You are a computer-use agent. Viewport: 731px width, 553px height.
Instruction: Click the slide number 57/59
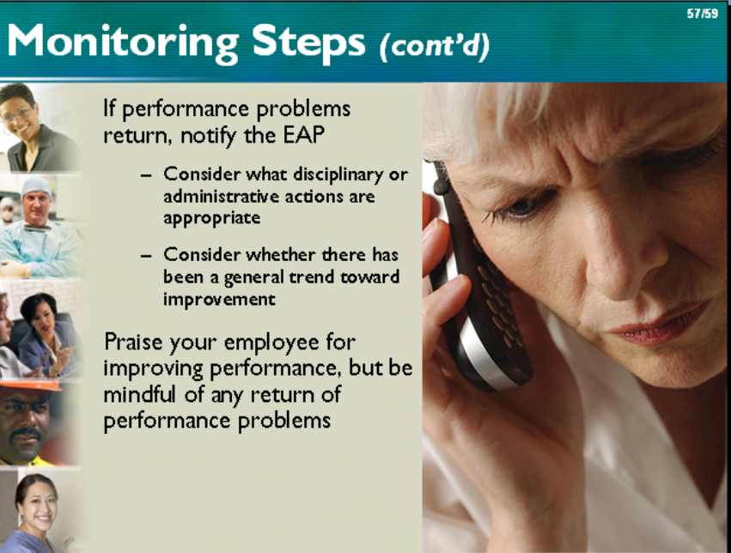click(x=702, y=14)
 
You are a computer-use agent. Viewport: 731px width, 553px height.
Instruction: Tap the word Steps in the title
click(x=308, y=43)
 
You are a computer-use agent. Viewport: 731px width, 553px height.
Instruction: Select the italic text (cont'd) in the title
click(x=435, y=46)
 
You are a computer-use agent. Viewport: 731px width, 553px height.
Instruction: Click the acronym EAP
click(x=303, y=136)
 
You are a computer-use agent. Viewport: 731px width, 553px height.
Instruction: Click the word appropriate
click(x=211, y=218)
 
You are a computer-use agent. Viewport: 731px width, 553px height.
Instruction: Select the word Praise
click(x=134, y=342)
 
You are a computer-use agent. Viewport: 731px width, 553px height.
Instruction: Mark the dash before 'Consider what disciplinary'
click(x=146, y=176)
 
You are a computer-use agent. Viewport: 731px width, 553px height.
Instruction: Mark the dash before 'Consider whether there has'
click(x=146, y=256)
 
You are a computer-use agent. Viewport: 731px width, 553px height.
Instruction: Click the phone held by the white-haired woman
click(x=480, y=280)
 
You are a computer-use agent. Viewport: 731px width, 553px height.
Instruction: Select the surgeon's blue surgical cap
click(x=35, y=185)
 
